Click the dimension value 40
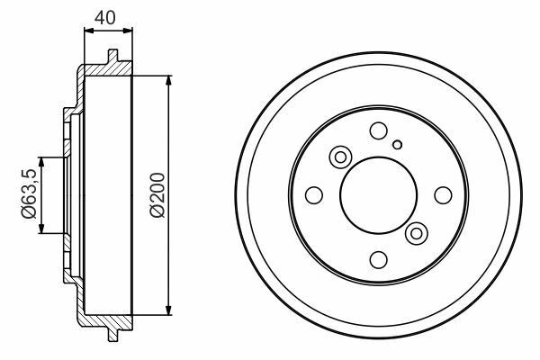click(x=105, y=18)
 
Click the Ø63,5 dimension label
click(x=29, y=193)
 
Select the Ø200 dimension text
click(x=157, y=194)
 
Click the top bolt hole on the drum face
click(x=379, y=130)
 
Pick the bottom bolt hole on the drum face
click(x=379, y=259)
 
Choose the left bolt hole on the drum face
click(x=314, y=195)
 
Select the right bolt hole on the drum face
click(x=443, y=195)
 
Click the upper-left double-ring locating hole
click(x=340, y=157)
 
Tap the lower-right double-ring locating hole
click(x=417, y=234)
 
